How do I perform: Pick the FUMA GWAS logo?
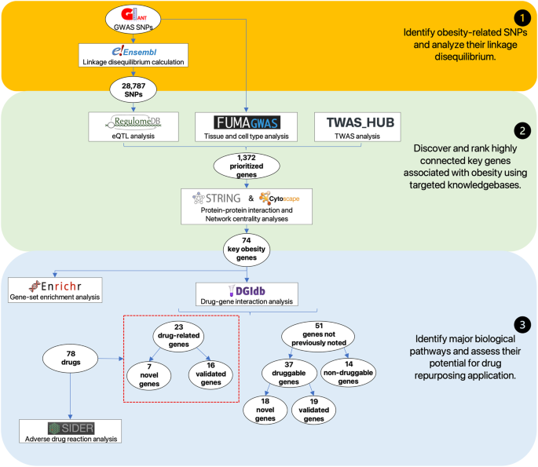point(246,122)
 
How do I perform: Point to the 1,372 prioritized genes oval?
point(247,166)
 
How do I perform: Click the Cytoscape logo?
point(287,199)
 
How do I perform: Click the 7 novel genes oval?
point(148,374)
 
